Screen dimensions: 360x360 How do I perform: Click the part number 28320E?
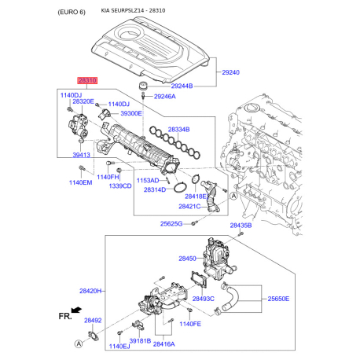[83, 102]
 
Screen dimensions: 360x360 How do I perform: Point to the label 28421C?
[192, 207]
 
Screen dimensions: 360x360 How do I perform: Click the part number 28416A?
[165, 344]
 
